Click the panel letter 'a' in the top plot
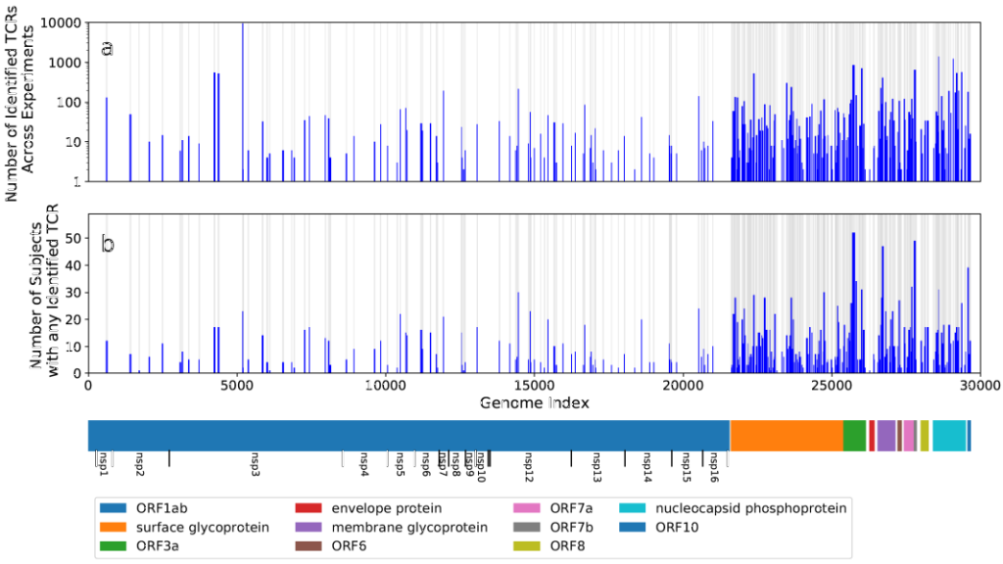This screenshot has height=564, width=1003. point(107,47)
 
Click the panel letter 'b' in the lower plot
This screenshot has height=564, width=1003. point(108,243)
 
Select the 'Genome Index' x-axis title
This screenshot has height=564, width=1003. point(529,402)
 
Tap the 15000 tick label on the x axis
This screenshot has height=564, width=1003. point(533,385)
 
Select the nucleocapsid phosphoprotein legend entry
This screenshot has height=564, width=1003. point(733,508)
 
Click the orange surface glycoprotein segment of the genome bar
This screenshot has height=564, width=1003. point(787,435)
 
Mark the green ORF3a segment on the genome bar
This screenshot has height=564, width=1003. point(855,435)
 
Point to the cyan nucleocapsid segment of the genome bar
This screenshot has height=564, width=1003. point(948,435)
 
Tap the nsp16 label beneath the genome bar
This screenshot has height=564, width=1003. point(714,463)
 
